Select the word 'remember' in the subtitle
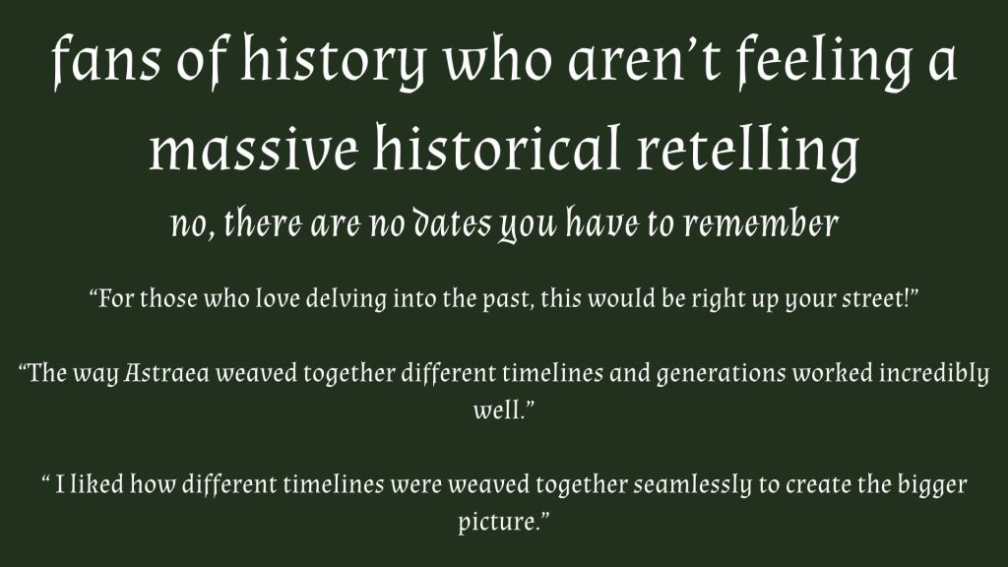762,224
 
